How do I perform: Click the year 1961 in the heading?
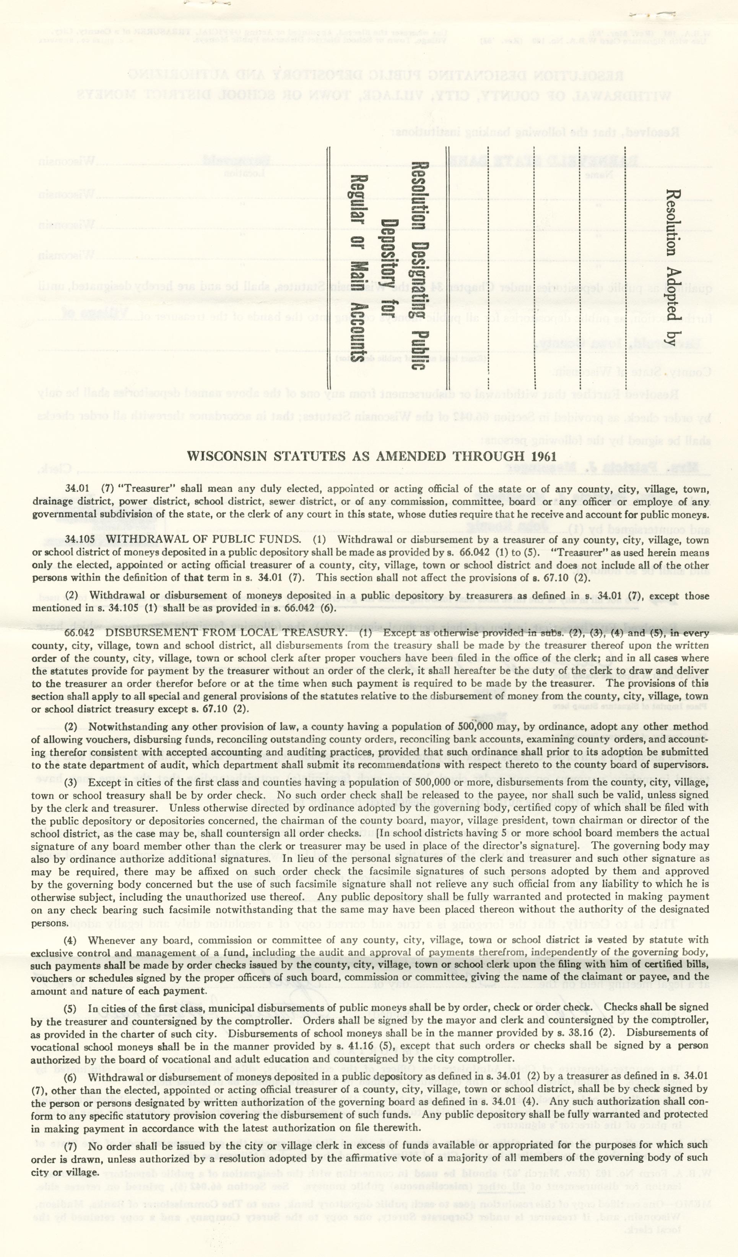(x=541, y=456)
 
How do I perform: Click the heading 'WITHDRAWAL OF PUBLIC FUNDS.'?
(x=203, y=540)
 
